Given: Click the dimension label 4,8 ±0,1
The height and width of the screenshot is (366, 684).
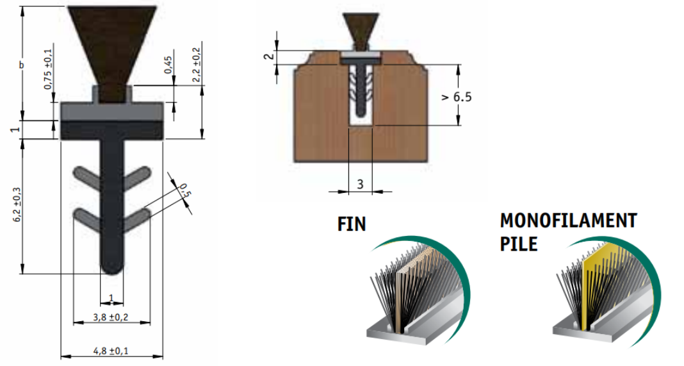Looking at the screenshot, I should click(x=111, y=351).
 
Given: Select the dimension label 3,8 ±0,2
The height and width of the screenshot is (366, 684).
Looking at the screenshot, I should click(x=111, y=316).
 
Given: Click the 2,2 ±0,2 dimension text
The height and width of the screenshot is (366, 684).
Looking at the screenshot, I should click(x=196, y=65).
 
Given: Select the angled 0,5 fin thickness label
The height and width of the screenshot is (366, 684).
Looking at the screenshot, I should click(x=184, y=192).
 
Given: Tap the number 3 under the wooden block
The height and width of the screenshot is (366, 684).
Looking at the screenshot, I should click(x=360, y=184).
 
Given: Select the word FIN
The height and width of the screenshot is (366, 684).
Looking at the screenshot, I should click(x=351, y=224).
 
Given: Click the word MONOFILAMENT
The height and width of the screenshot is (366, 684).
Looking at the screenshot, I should click(x=569, y=220).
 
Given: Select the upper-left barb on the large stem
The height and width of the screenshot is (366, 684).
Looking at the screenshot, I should click(x=87, y=176).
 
